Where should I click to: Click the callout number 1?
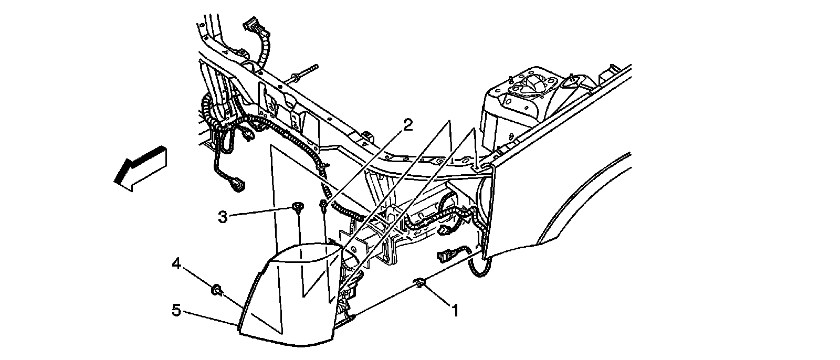pyautogui.click(x=455, y=311)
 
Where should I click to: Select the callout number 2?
pyautogui.click(x=408, y=124)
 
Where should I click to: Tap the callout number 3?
pyautogui.click(x=223, y=217)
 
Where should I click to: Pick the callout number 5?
pyautogui.click(x=176, y=311)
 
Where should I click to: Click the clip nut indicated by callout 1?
pyautogui.click(x=421, y=283)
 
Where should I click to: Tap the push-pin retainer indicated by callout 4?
pyautogui.click(x=216, y=289)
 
